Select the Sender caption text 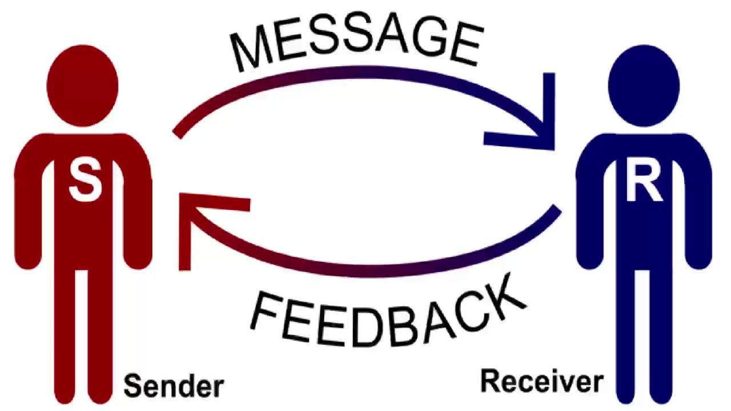coord(173,386)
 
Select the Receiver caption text coord(541,381)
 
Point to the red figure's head coord(83,86)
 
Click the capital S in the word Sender coord(132,386)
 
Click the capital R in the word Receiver coord(489,381)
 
